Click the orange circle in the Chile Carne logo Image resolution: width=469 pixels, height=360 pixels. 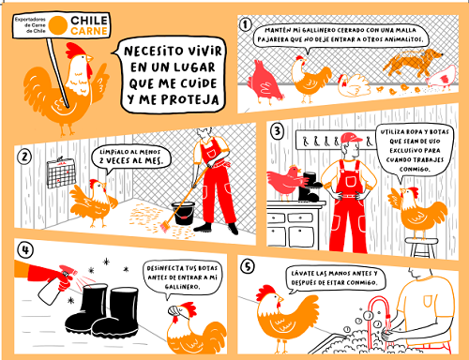58,25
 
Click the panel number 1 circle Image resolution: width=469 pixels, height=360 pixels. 246,24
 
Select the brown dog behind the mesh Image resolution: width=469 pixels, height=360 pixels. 413,63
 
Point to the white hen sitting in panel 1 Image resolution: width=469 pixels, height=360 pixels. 354,84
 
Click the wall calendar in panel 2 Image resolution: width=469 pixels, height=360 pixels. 61,173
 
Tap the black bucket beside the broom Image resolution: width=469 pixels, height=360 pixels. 183,213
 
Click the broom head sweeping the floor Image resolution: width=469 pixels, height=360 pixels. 165,226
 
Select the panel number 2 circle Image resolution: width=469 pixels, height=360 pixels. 24,156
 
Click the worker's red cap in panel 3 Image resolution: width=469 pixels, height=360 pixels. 352,138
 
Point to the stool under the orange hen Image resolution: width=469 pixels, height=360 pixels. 422,247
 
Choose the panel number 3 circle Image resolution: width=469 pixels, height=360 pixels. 278,131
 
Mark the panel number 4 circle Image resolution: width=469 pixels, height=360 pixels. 25,250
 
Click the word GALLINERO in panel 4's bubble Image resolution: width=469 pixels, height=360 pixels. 182,287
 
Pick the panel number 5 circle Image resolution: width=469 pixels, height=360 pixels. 248,266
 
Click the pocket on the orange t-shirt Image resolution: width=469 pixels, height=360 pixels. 429,301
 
